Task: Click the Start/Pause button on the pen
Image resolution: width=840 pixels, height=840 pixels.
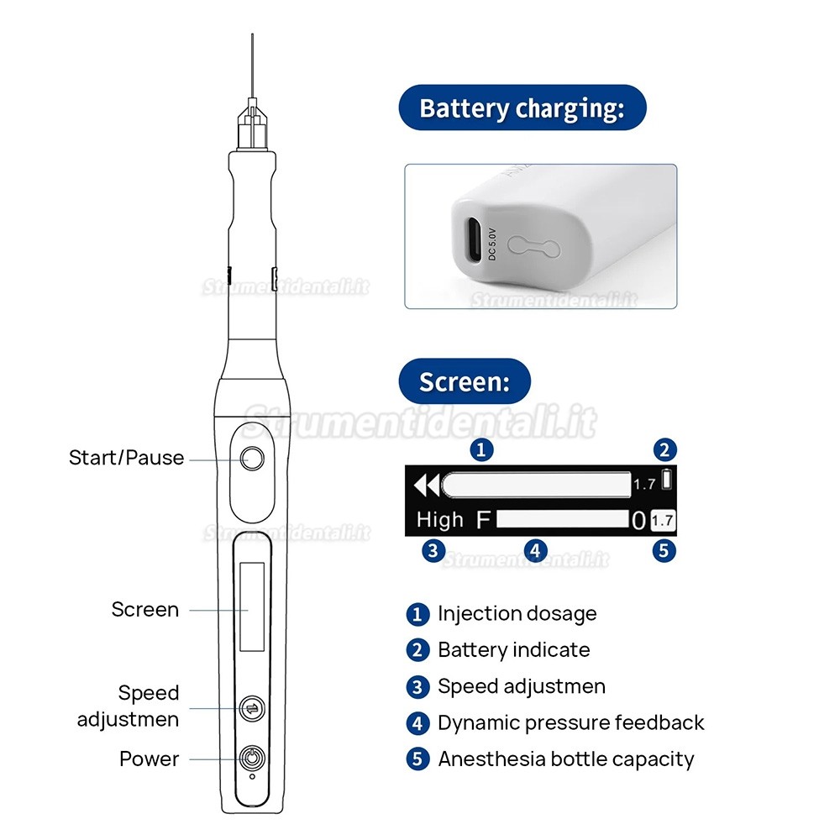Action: click(252, 459)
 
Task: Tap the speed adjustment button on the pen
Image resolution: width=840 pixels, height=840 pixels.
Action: click(252, 709)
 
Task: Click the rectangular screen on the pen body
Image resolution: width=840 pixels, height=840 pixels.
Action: click(252, 606)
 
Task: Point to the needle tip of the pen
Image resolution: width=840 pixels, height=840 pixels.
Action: click(252, 35)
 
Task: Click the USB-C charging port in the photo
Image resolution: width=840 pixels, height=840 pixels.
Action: click(474, 239)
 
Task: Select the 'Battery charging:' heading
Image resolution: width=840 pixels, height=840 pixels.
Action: click(522, 108)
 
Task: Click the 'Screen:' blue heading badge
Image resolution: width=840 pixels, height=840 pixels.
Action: click(465, 381)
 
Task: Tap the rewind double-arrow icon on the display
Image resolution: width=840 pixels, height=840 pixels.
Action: click(427, 486)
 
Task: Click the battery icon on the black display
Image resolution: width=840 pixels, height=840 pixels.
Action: click(666, 479)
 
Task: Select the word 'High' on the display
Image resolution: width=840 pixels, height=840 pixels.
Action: click(440, 520)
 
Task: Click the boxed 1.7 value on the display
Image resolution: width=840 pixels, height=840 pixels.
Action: click(663, 520)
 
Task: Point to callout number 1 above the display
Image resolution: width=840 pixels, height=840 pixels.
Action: click(481, 449)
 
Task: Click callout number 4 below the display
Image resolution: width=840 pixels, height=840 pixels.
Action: click(534, 551)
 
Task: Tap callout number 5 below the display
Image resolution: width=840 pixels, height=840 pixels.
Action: click(664, 551)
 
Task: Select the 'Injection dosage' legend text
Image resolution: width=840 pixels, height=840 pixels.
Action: click(517, 613)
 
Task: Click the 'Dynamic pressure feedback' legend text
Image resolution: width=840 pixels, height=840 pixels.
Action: click(570, 722)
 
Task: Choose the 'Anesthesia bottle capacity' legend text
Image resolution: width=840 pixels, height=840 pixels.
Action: click(565, 759)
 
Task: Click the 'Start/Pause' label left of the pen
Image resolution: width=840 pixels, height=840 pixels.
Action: click(127, 458)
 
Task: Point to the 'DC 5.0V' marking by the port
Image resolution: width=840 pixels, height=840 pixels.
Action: click(492, 244)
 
